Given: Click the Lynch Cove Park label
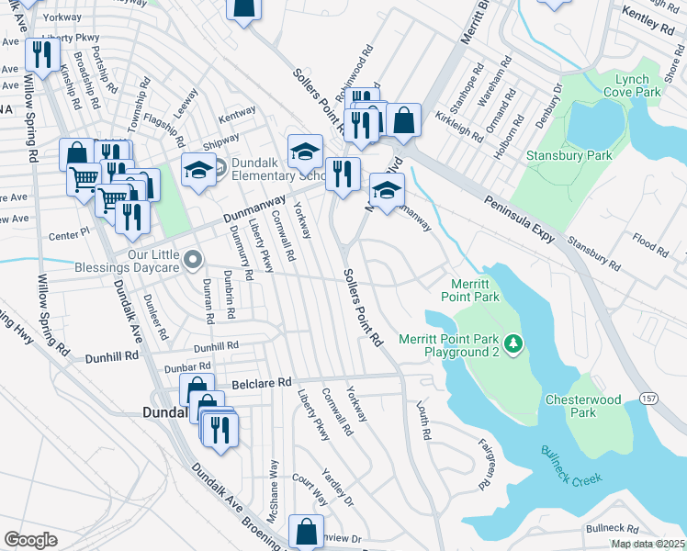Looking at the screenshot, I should point(633,86).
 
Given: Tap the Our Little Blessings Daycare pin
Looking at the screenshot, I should point(192,261).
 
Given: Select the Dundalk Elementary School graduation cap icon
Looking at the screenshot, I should point(197,169).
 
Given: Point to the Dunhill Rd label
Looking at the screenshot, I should point(216,346).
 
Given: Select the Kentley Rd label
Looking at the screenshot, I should point(648,18).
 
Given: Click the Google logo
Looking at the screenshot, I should point(31,540).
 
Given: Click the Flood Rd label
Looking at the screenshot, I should point(650,243).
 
